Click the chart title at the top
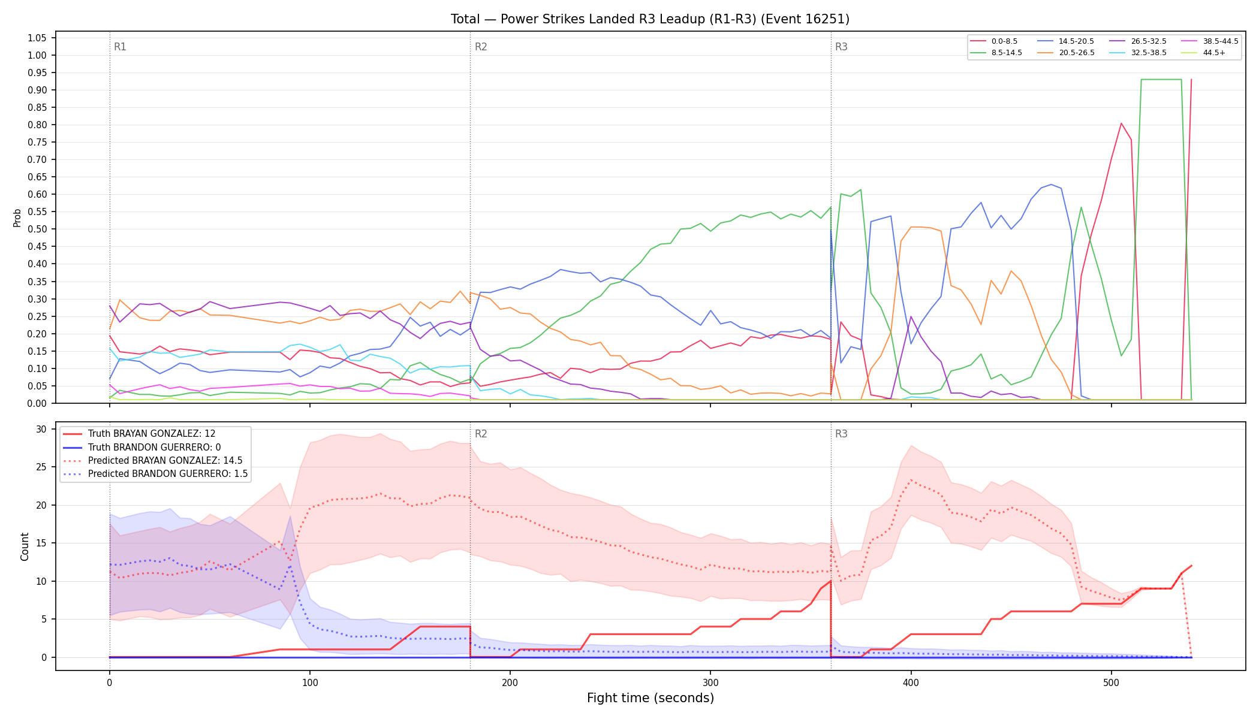pos(650,19)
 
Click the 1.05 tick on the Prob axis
pos(37,38)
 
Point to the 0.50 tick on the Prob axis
pos(37,229)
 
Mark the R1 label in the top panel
pos(120,47)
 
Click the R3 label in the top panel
pos(841,47)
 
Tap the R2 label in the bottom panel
pos(481,434)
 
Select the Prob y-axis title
pos(17,217)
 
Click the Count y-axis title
pos(25,546)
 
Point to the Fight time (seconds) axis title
pos(650,698)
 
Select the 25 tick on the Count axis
pos(41,467)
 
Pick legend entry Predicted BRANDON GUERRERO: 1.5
pos(155,474)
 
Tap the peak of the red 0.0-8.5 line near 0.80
pos(1121,123)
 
